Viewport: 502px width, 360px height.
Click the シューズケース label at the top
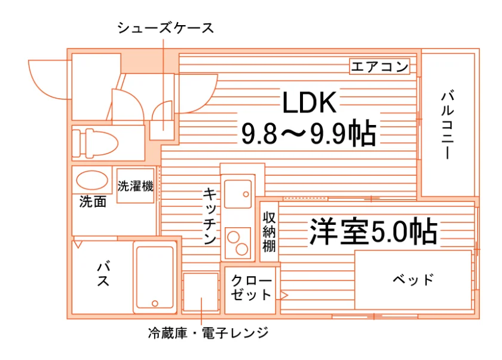click(166, 28)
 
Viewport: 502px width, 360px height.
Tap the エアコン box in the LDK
click(379, 66)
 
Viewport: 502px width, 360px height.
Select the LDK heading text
click(310, 102)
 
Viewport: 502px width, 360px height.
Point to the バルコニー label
click(447, 126)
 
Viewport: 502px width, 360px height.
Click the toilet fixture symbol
click(95, 143)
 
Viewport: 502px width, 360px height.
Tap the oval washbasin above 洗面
click(92, 181)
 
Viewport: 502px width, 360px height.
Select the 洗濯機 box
click(136, 186)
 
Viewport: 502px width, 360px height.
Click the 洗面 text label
click(93, 202)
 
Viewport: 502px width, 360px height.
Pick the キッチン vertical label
click(210, 216)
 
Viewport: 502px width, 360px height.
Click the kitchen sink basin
click(238, 194)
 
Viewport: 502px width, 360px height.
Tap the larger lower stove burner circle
click(242, 249)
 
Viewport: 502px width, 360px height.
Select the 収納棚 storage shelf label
click(269, 231)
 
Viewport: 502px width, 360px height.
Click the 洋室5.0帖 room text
click(374, 231)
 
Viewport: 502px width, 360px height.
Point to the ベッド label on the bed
click(414, 280)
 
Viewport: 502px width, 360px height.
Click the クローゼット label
click(251, 288)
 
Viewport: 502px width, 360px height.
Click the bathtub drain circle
click(155, 303)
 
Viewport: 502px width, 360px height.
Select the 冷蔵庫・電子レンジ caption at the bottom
click(209, 333)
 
